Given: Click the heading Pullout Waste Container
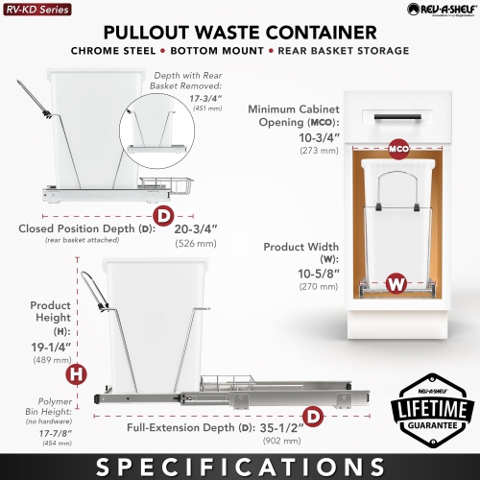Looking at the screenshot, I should pyautogui.click(x=240, y=32).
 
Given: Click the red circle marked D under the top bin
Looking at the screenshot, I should pyautogui.click(x=166, y=215).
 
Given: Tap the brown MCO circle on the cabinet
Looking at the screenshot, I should pyautogui.click(x=399, y=150).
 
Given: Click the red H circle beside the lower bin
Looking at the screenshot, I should pyautogui.click(x=73, y=372).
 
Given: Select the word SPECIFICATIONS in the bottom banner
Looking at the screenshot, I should pyautogui.click(x=240, y=465).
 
